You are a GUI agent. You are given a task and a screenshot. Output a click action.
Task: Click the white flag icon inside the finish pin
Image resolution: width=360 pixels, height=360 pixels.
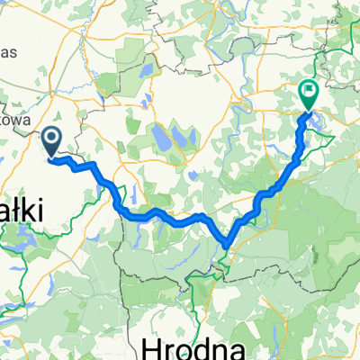click(x=309, y=89)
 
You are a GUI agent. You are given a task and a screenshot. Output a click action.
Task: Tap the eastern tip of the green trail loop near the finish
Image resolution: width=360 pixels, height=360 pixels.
click(x=333, y=136)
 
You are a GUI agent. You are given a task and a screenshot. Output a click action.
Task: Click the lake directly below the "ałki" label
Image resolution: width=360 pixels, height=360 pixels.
click(x=20, y=236)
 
